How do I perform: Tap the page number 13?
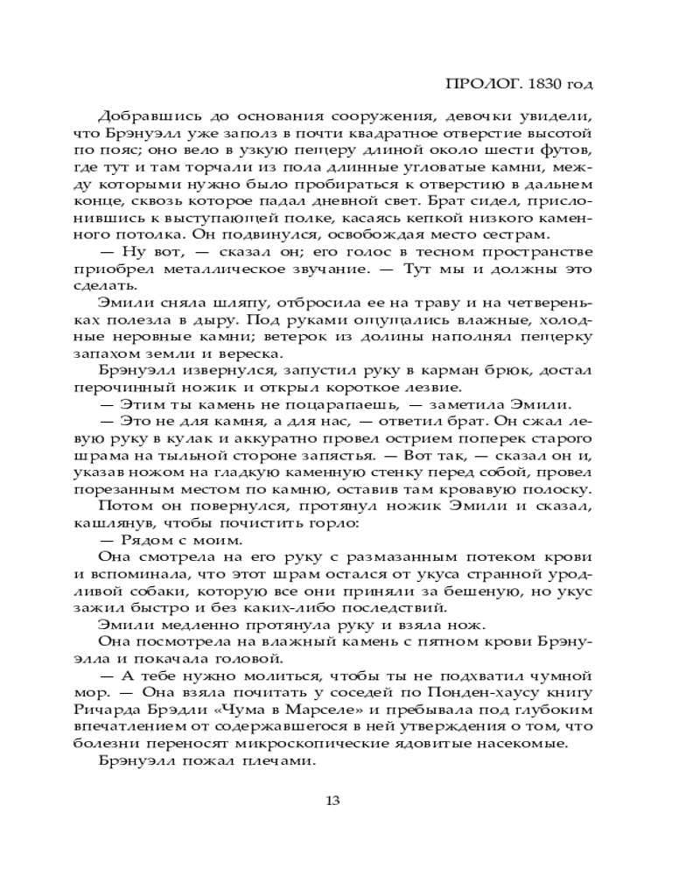[332, 800]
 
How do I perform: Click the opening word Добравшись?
[145, 117]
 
